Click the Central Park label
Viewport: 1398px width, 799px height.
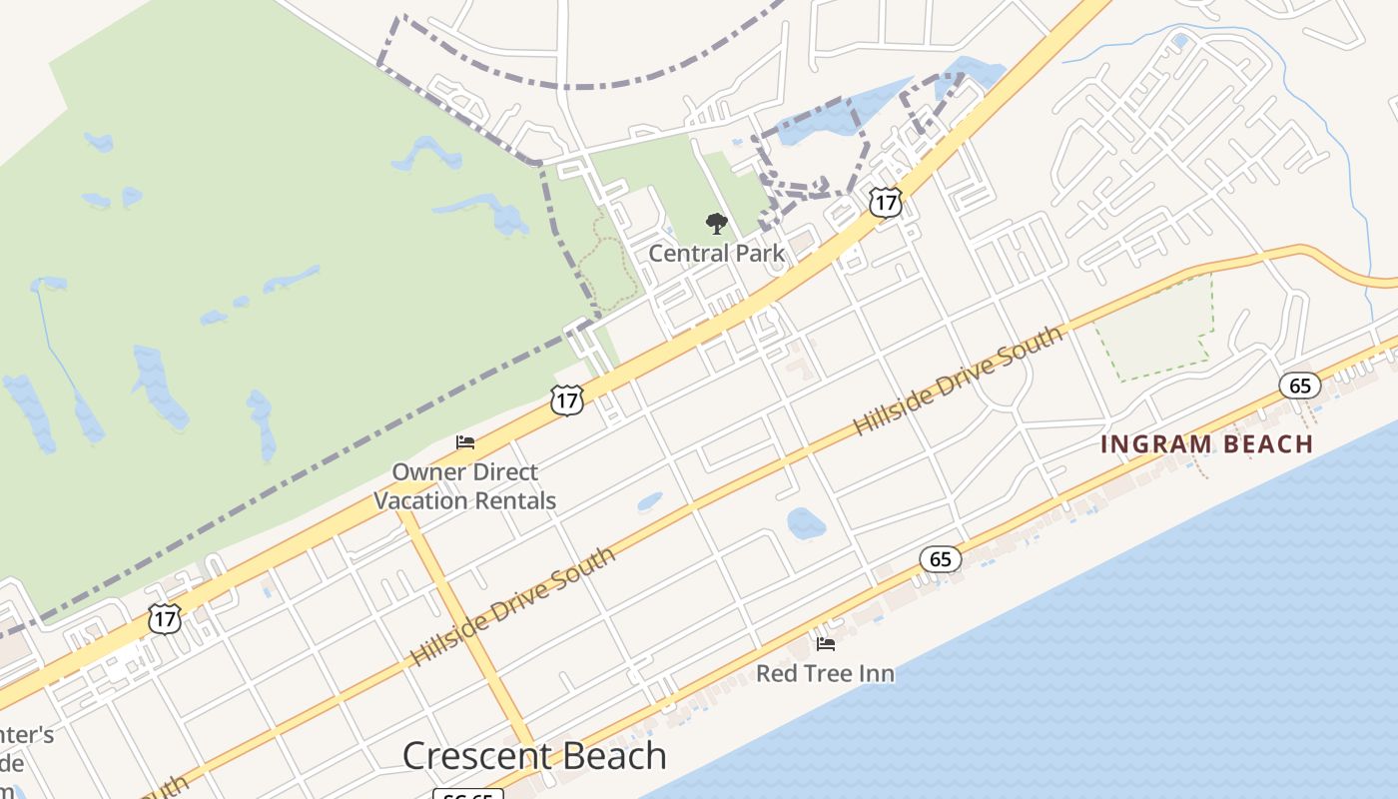(x=717, y=253)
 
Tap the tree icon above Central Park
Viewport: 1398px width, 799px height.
(x=716, y=224)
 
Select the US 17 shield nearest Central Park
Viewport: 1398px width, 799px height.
(x=885, y=202)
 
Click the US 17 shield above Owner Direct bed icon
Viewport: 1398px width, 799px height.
(x=566, y=400)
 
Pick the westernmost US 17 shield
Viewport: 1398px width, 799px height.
(x=165, y=618)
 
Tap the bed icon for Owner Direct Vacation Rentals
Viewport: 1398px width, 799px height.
(x=465, y=441)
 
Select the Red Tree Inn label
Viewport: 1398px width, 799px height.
(x=825, y=673)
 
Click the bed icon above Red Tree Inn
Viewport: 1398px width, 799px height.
(x=825, y=644)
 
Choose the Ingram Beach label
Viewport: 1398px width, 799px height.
(x=1206, y=444)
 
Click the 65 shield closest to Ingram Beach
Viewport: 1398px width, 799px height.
(x=1299, y=385)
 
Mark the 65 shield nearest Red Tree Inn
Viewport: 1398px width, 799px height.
(x=941, y=558)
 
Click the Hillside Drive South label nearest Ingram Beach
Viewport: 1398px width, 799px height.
(x=959, y=382)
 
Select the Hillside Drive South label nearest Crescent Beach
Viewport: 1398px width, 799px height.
(x=513, y=607)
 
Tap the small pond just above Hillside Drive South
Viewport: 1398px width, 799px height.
(x=649, y=500)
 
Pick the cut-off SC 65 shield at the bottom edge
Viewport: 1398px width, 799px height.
(x=468, y=794)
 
